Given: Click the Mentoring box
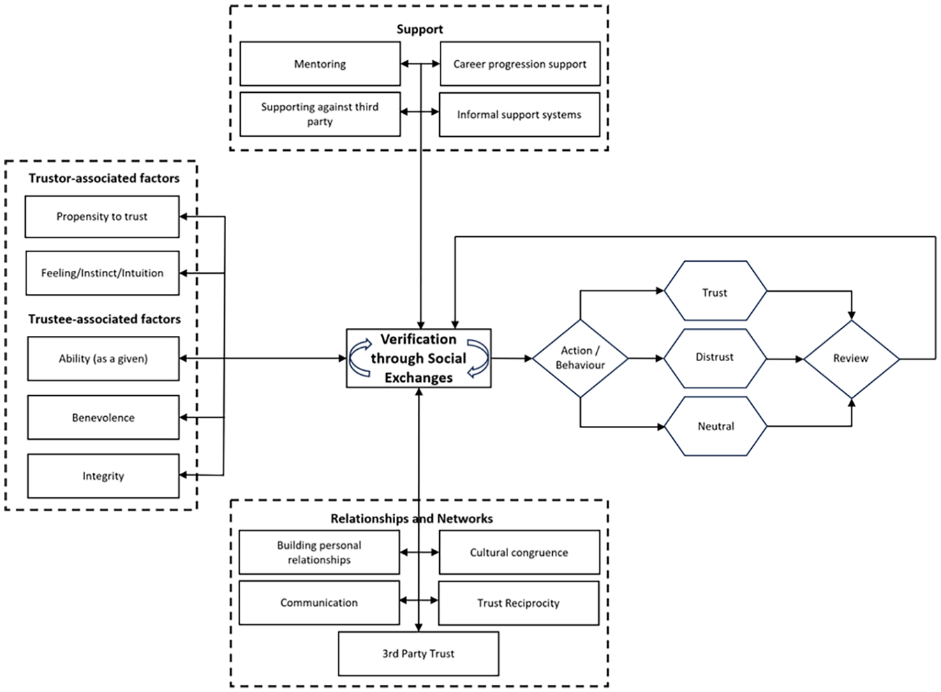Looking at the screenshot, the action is click(320, 64).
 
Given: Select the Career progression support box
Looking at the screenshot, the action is click(520, 64).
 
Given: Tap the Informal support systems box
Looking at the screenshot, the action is click(519, 115).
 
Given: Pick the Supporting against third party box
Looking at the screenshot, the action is click(320, 115).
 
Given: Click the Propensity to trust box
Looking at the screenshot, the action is click(102, 216).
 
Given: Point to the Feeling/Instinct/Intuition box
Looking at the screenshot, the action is click(103, 273).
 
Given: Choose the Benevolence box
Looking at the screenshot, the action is click(103, 417).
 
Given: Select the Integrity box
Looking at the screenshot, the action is click(103, 476).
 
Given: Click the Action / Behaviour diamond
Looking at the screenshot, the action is click(580, 358).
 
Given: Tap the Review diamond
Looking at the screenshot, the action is click(852, 359).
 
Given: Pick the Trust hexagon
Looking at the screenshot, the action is click(716, 290).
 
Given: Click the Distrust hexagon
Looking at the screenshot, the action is click(716, 358).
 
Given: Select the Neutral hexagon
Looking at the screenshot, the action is click(716, 426).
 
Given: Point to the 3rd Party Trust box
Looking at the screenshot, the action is click(419, 654).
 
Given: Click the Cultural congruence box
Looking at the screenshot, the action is click(519, 552).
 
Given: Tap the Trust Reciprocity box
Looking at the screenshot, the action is click(519, 603).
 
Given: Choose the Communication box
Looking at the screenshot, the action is click(319, 603).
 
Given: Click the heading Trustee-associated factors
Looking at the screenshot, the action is click(105, 319).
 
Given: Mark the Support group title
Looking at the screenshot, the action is click(420, 29).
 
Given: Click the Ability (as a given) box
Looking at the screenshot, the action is click(103, 358).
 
